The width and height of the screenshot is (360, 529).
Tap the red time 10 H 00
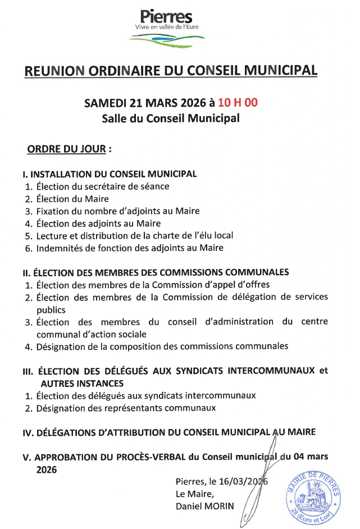[x=238, y=103]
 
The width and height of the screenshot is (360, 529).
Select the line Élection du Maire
[x=72, y=198]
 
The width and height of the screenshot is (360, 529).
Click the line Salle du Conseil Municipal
[x=171, y=118]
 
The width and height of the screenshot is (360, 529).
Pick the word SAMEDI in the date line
[x=105, y=103]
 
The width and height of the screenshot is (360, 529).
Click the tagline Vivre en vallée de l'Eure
[x=166, y=27]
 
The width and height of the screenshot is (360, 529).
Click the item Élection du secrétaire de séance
[x=103, y=186]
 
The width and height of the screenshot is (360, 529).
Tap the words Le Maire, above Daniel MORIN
[x=195, y=494]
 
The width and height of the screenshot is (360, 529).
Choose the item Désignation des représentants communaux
[x=126, y=408]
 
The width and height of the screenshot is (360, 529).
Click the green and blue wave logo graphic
[x=166, y=39]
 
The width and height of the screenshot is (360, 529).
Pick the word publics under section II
[x=51, y=309]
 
